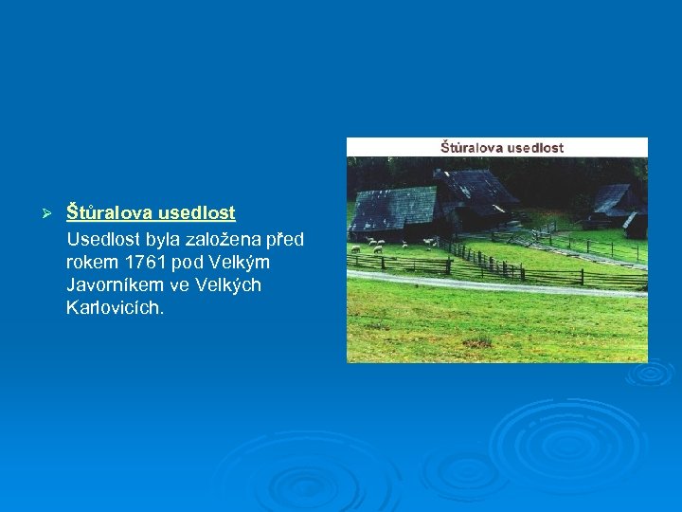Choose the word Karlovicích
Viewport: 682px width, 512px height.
(116, 308)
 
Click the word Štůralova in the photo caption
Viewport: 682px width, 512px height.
(471, 148)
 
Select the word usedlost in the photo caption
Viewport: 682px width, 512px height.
(535, 148)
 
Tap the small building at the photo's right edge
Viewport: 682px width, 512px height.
(637, 225)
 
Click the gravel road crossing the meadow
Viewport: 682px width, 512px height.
(493, 283)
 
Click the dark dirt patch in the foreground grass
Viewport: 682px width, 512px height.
(476, 341)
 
